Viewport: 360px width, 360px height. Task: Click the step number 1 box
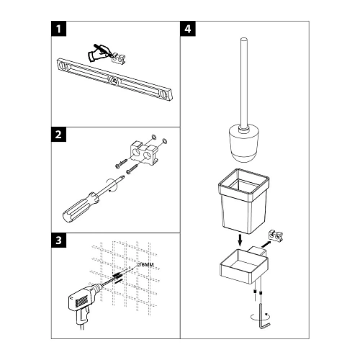point(58,29)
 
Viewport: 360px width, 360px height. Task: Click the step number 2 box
point(58,135)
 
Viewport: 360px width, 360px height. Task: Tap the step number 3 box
point(58,240)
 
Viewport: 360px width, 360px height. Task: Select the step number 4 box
point(188,29)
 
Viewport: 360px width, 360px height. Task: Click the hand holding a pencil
point(99,53)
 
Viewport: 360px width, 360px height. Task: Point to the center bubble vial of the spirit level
point(113,81)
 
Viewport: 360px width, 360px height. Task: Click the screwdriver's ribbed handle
point(80,207)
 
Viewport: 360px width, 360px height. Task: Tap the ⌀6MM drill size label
point(145,264)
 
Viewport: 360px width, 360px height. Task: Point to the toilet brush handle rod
point(243,84)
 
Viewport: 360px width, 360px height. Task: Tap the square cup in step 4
point(243,201)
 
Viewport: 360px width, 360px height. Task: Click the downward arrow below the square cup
point(240,240)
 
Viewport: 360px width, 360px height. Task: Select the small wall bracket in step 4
point(276,235)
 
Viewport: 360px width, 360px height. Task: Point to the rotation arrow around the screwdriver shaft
point(112,185)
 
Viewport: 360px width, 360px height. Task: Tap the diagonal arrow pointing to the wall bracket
point(266,244)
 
